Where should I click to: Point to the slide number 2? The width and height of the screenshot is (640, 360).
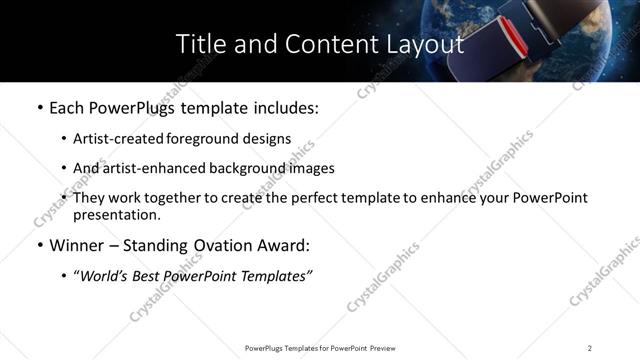[589, 348]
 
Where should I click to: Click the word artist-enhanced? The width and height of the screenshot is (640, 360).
[150, 169]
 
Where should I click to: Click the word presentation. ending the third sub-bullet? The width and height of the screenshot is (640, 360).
[116, 215]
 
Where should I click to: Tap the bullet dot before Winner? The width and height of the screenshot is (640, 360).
[39, 246]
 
